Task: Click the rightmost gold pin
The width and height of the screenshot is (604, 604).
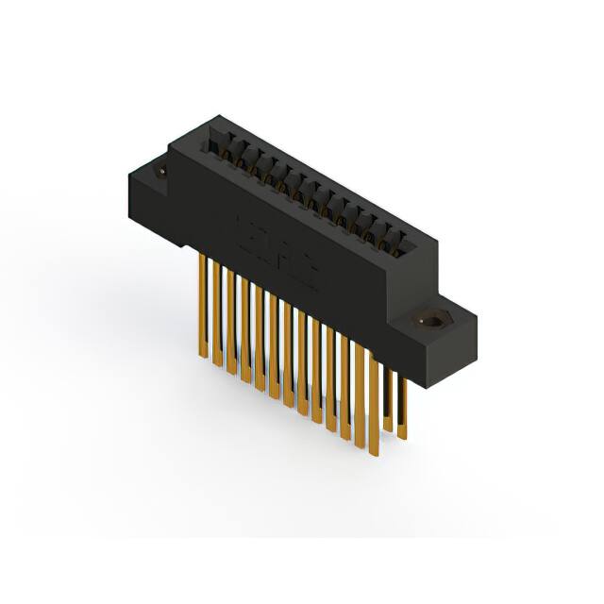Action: [403, 406]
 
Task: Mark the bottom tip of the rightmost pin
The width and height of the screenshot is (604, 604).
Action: [403, 437]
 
